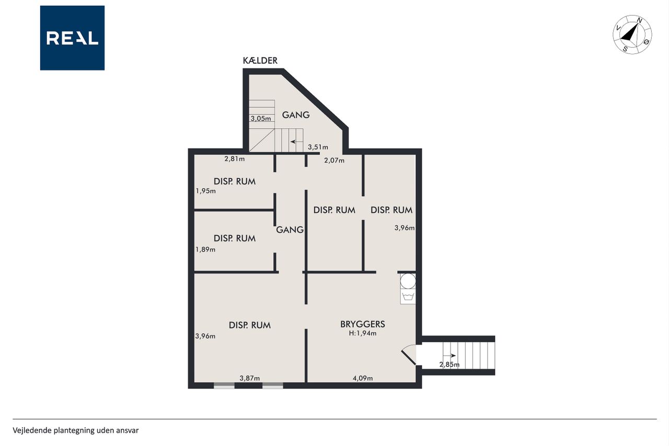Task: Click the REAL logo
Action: [x=72, y=38]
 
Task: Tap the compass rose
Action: [x=632, y=35]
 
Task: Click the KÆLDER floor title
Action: [x=260, y=61]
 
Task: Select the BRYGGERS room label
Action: [x=363, y=324]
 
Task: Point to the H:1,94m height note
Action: [x=363, y=333]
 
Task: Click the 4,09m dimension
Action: [x=363, y=378]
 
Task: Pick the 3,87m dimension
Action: [x=250, y=378]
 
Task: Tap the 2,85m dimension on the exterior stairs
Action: [x=449, y=364]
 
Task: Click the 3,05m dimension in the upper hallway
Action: [x=261, y=118]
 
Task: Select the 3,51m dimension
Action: [x=318, y=147]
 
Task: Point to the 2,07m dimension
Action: [x=334, y=161]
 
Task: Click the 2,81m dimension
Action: [x=235, y=158]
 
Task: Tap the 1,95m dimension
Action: [x=205, y=191]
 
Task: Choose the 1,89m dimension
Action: [x=205, y=249]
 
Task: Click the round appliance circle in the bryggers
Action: [x=408, y=281]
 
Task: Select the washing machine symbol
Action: [x=408, y=296]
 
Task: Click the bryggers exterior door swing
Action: [x=409, y=354]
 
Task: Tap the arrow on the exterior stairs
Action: [x=449, y=356]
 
